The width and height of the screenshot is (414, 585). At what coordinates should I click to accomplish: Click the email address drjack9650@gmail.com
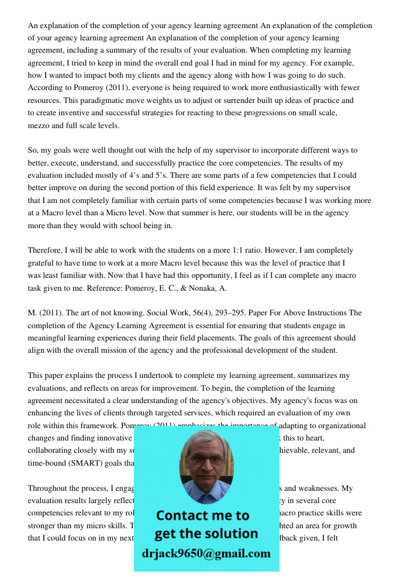pos(206,553)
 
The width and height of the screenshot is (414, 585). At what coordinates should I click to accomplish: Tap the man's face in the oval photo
pos(206,459)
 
